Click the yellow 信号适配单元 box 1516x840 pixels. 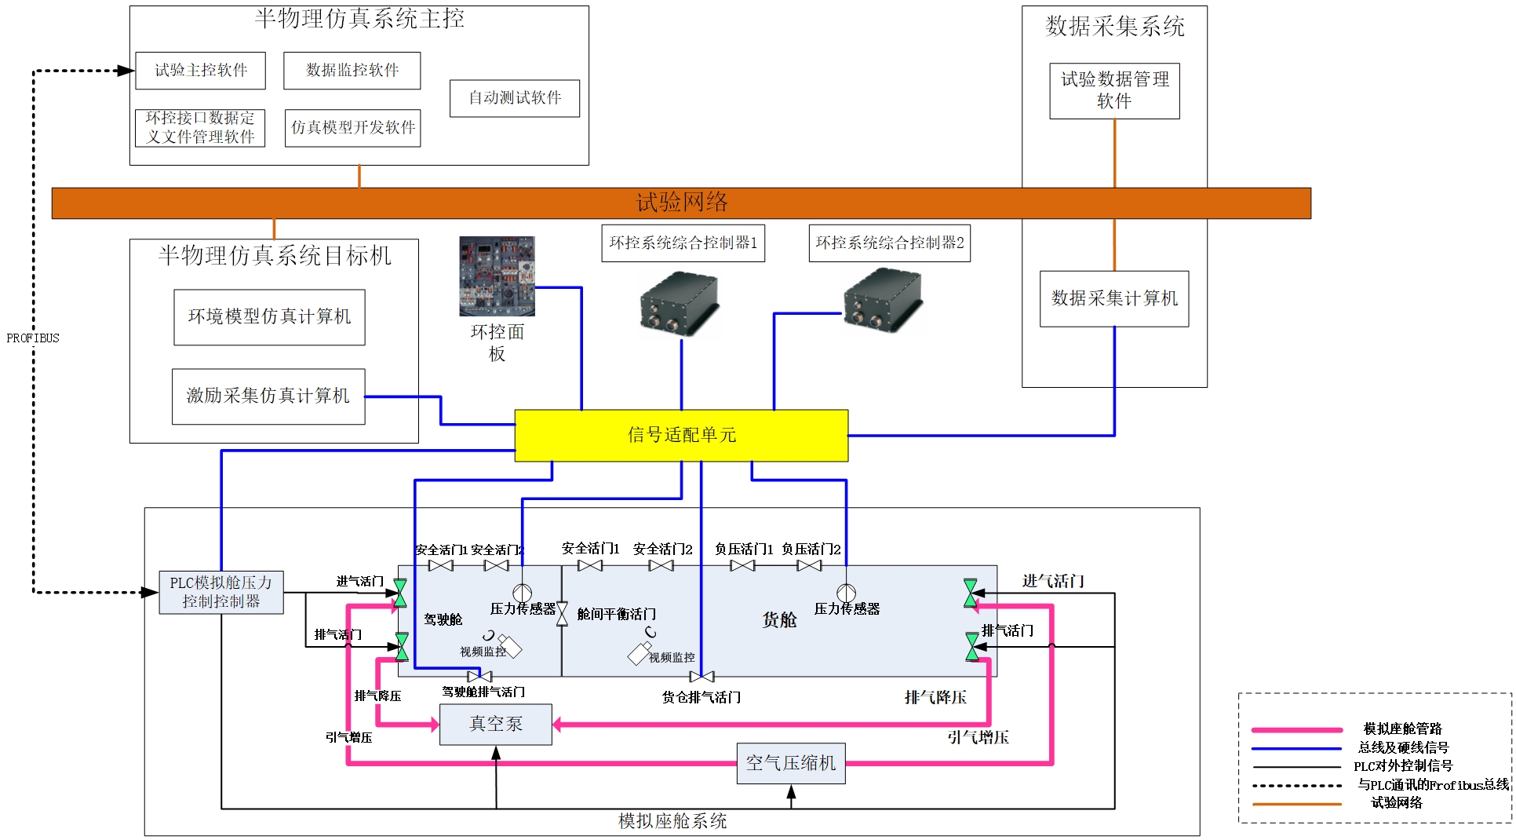680,435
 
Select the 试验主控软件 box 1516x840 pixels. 200,71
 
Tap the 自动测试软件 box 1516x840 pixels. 514,98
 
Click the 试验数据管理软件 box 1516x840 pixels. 1113,90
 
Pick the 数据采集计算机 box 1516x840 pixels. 1113,298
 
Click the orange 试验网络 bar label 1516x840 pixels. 681,203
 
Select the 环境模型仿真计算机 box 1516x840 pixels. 269,316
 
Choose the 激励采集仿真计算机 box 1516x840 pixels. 268,396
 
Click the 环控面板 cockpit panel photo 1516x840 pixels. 497,276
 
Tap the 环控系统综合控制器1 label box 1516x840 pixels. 683,243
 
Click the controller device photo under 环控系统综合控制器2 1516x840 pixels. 883,300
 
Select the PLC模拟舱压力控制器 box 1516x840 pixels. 220,592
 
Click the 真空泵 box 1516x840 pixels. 495,724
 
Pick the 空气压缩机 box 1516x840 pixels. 790,763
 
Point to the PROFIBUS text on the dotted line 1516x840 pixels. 33,338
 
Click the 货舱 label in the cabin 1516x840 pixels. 779,620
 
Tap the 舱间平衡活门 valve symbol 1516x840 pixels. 562,614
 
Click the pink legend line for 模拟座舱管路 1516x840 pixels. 1296,729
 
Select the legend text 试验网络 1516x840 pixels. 1396,802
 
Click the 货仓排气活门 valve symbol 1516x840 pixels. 702,677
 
